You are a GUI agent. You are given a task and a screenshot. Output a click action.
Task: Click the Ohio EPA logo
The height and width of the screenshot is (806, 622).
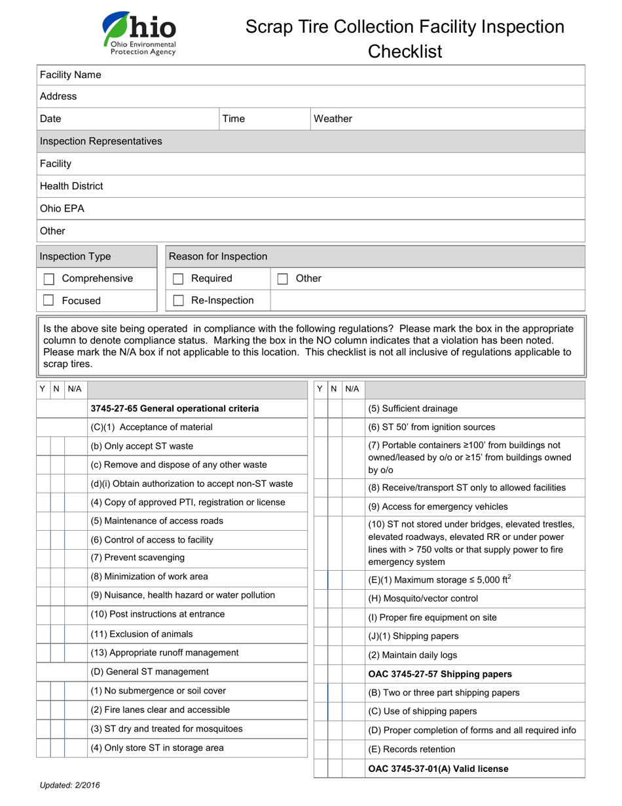pos(139,33)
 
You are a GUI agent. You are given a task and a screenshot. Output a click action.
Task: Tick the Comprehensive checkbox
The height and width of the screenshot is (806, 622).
pos(48,279)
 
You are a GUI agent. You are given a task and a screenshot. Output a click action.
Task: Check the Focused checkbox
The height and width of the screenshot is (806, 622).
pos(48,301)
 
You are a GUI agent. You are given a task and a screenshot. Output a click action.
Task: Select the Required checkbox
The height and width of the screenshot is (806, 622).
pos(178,279)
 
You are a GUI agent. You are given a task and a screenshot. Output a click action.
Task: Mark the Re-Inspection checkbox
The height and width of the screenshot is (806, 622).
pos(178,301)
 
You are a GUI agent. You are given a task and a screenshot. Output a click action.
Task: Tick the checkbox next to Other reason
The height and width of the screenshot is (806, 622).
pos(283,279)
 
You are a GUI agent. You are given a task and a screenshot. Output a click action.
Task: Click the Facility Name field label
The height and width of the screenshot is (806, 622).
pos(71,75)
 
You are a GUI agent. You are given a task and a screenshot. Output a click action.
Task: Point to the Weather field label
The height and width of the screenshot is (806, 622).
pos(333,119)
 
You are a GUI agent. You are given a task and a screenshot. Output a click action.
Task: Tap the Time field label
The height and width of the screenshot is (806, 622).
pos(234,119)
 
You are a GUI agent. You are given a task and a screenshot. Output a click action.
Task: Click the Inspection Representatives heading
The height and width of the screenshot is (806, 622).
pos(101,142)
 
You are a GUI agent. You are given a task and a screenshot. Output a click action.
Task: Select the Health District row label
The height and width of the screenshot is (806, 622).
pos(71,186)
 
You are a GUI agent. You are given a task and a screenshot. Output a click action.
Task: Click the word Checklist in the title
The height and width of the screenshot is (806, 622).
pos(405,51)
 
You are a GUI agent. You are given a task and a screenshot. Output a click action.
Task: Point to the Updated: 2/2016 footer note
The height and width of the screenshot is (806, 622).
pos(70,785)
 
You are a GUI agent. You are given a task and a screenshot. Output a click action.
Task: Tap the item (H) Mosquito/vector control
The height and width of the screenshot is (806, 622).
pos(423,599)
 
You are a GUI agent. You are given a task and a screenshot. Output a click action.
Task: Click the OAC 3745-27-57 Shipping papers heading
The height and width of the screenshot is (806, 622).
pos(440,674)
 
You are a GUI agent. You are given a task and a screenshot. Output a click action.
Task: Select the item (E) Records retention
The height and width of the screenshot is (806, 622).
pos(412,750)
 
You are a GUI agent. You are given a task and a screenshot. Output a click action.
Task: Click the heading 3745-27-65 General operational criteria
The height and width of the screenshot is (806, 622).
pos(175,409)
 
